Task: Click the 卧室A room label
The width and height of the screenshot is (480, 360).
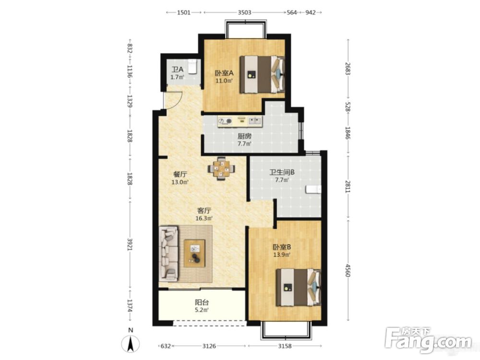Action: (x=224, y=73)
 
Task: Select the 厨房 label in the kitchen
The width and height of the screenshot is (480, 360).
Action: (x=245, y=136)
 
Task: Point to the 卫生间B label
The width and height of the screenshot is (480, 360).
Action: (x=282, y=172)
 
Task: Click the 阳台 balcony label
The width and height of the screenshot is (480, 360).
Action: (x=202, y=302)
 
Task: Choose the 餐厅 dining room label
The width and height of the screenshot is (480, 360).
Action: (x=180, y=175)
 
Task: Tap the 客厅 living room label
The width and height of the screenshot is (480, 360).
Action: (x=204, y=211)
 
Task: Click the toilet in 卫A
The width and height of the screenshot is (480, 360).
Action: (x=192, y=67)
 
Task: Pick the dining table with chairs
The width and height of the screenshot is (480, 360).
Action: (x=222, y=168)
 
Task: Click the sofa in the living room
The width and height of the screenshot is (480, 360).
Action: (x=169, y=254)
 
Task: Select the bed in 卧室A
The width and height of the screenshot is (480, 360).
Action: (x=263, y=74)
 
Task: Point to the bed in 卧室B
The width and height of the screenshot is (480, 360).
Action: (x=299, y=287)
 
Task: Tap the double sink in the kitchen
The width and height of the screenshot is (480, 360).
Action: (x=255, y=121)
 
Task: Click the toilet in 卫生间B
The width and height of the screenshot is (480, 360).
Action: (x=313, y=190)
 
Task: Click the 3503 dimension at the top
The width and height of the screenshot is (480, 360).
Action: (x=245, y=12)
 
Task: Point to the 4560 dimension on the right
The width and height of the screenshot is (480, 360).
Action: (x=348, y=270)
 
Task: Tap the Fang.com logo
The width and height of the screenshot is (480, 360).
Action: (x=429, y=339)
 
